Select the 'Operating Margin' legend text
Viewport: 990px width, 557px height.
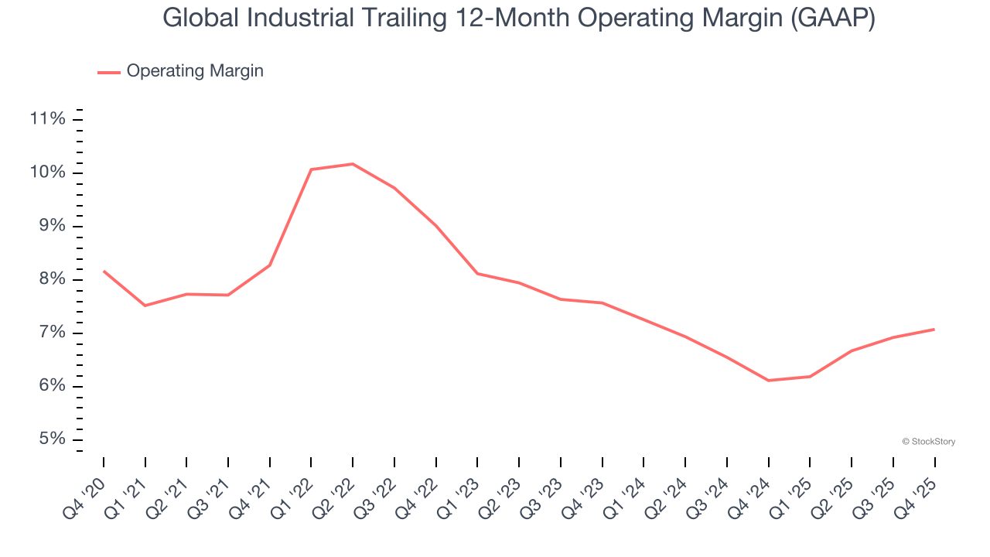pos(195,71)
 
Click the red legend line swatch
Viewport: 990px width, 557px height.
pos(108,72)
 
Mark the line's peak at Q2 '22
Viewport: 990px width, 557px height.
pos(353,164)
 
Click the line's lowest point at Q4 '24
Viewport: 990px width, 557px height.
pos(769,381)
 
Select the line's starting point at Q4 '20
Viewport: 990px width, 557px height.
pos(104,271)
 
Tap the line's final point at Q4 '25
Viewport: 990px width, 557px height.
pos(934,330)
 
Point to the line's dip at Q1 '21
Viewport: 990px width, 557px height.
pos(145,306)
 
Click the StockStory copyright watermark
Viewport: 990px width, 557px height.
pos(928,442)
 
